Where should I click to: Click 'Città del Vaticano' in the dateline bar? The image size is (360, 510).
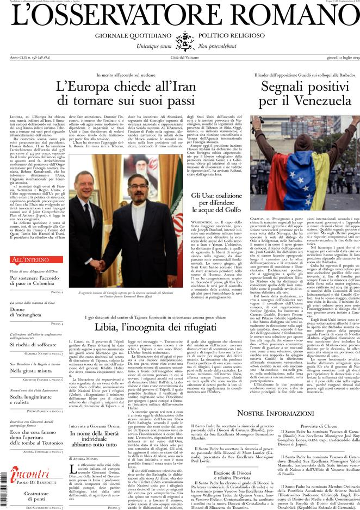point(179,58)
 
